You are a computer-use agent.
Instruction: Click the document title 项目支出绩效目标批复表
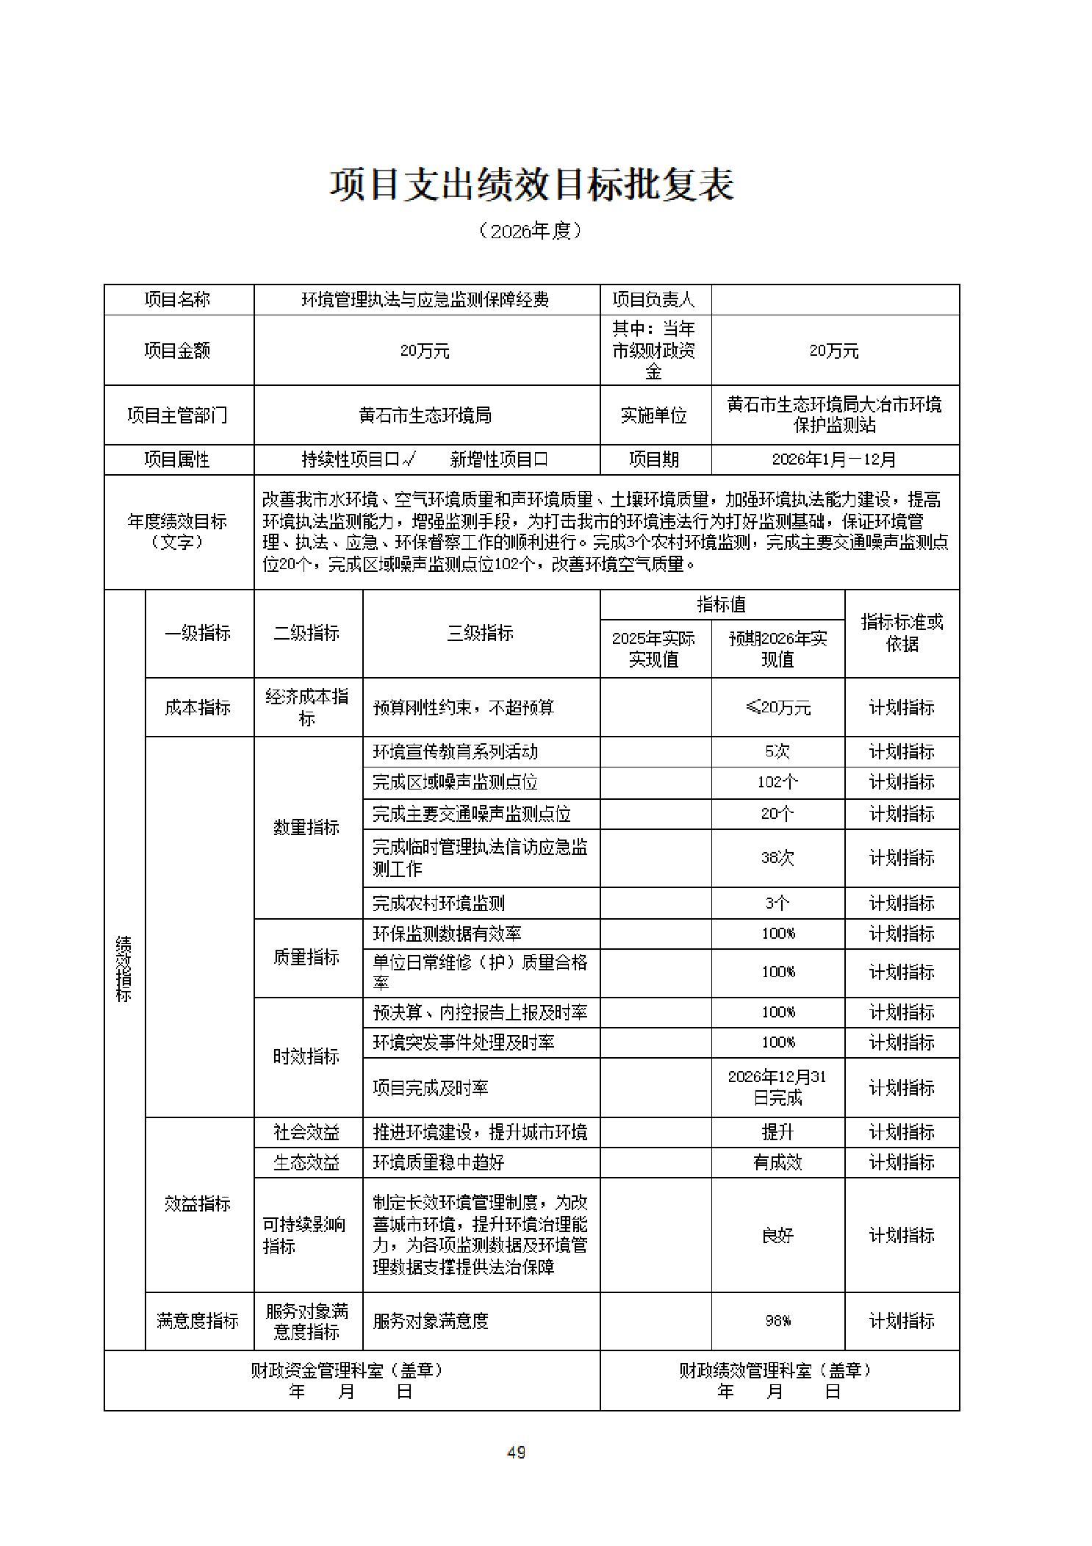tap(531, 185)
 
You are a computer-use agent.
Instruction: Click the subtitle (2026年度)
tap(531, 231)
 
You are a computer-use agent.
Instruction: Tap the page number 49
tap(516, 1452)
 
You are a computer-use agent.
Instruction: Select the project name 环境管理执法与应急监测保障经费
tap(426, 300)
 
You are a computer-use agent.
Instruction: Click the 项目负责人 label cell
tap(654, 300)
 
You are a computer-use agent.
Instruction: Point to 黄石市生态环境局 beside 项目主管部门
tap(426, 415)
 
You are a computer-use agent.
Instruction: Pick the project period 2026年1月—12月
tap(834, 460)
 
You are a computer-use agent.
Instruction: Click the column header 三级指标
tap(481, 633)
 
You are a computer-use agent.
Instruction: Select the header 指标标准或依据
tap(902, 633)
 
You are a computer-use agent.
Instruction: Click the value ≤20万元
tap(777, 708)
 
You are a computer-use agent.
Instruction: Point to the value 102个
tap(777, 782)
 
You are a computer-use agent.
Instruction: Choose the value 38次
tap(777, 858)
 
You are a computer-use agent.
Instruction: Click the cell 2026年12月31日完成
tap(777, 1087)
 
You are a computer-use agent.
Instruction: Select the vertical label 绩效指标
tap(124, 969)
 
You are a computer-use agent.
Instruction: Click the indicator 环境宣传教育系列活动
tap(456, 752)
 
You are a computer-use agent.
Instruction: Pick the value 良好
tap(777, 1235)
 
